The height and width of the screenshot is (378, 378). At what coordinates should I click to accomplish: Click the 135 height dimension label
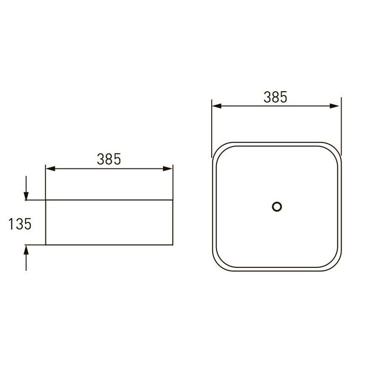pos(20,223)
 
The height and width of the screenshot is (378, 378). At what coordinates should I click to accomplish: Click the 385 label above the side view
pos(109,159)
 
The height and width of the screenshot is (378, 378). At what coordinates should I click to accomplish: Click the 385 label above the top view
pos(275,97)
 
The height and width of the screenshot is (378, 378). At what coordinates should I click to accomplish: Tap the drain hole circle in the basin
pos(277,207)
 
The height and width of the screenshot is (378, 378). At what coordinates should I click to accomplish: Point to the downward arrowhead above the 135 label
pos(26,196)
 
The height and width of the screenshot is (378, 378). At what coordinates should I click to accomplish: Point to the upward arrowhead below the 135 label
pos(26,250)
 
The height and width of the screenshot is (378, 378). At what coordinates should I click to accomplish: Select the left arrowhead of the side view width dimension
pos(51,169)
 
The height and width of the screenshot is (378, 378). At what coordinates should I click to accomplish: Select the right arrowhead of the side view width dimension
pos(168,169)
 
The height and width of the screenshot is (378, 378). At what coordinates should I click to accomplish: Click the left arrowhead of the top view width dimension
pos(217,106)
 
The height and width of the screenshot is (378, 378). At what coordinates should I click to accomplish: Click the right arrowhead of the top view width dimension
pos(335,106)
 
